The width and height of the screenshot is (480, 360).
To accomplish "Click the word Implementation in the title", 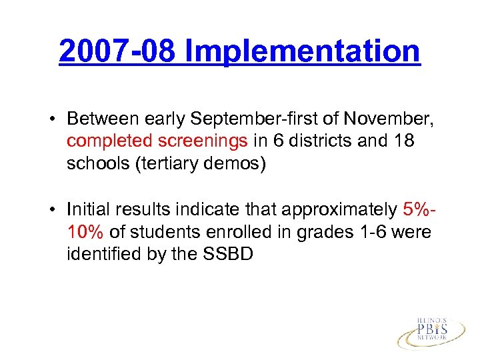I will click(x=303, y=51).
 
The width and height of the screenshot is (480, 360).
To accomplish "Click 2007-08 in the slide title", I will click(x=117, y=51).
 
